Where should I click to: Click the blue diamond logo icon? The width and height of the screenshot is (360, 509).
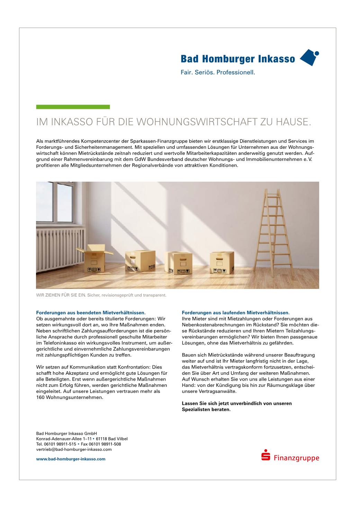click(x=309, y=57)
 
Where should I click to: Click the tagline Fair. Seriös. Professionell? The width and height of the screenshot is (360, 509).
click(x=218, y=73)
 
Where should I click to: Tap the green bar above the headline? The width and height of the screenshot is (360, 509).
click(x=73, y=107)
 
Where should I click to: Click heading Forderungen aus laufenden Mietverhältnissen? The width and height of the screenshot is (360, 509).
click(x=235, y=312)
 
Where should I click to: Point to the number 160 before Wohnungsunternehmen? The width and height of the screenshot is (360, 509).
click(x=40, y=397)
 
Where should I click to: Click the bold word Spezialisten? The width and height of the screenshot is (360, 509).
click(x=196, y=409)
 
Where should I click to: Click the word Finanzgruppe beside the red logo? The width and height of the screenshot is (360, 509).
click(x=296, y=458)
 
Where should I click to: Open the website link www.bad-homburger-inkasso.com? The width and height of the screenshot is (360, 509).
click(x=71, y=459)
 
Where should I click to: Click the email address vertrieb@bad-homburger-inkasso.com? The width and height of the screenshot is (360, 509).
click(x=74, y=449)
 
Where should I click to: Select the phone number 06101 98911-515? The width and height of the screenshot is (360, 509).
click(x=59, y=444)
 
